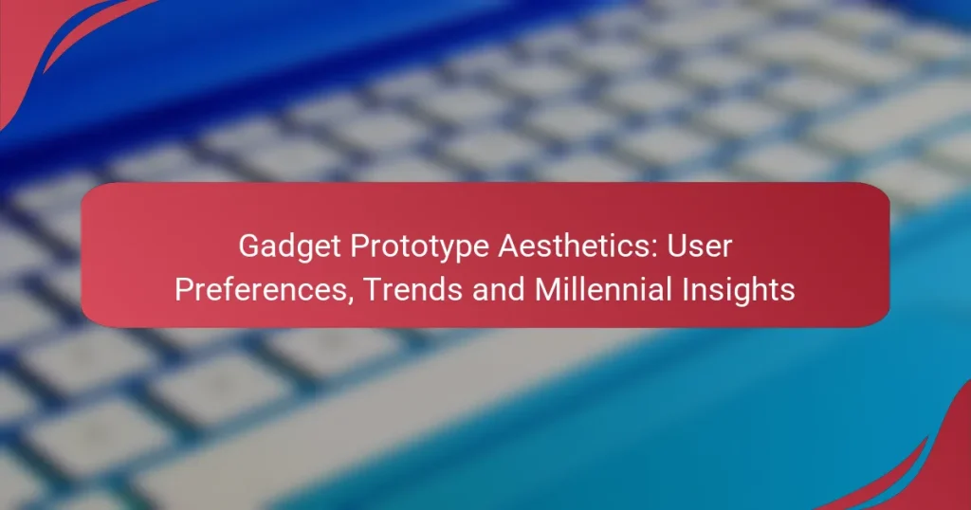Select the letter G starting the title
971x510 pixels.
[248, 247]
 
